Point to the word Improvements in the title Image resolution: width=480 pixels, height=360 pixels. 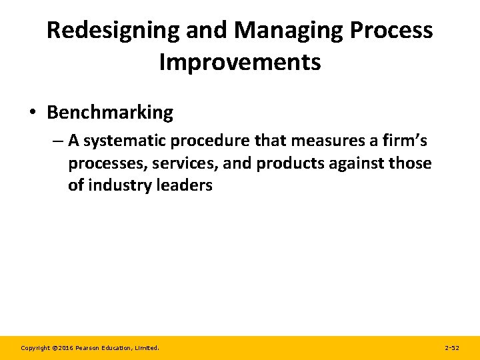240,62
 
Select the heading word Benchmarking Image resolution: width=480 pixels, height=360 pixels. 110,113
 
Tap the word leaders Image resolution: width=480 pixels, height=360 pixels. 184,185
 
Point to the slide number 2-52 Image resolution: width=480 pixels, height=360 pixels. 451,348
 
